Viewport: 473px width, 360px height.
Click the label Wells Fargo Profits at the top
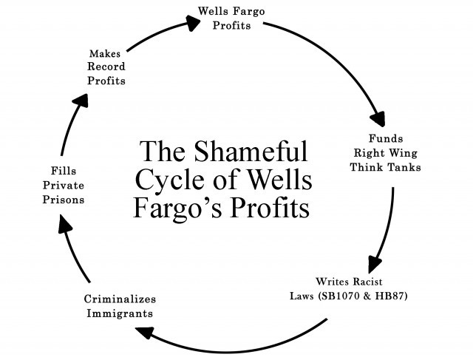pyautogui.click(x=231, y=18)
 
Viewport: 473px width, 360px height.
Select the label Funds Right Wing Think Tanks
pyautogui.click(x=385, y=153)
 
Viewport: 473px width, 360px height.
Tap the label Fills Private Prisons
pyautogui.click(x=64, y=186)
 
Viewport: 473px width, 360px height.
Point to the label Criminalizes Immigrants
pyautogui.click(x=120, y=306)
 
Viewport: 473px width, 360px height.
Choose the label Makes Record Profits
pyautogui.click(x=106, y=67)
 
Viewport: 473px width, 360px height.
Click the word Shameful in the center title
pyautogui.click(x=251, y=151)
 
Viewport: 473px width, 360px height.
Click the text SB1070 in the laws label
pyautogui.click(x=339, y=296)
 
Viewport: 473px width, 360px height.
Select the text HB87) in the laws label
pyautogui.click(x=392, y=296)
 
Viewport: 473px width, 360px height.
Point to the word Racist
pyautogui.click(x=367, y=282)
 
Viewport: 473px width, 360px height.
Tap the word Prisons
pyautogui.click(x=64, y=200)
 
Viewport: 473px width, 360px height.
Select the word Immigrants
pyautogui.click(x=120, y=313)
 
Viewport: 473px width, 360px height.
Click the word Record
pyautogui.click(x=106, y=67)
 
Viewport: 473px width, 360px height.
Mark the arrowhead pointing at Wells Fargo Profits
pyautogui.click(x=192, y=23)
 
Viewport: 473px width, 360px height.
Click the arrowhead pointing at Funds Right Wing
pyautogui.click(x=378, y=119)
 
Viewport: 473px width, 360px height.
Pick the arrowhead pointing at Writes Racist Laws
pyautogui.click(x=375, y=265)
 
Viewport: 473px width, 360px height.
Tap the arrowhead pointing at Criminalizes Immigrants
pyautogui.click(x=143, y=333)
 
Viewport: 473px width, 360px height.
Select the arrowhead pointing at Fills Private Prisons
pyautogui.click(x=64, y=223)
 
